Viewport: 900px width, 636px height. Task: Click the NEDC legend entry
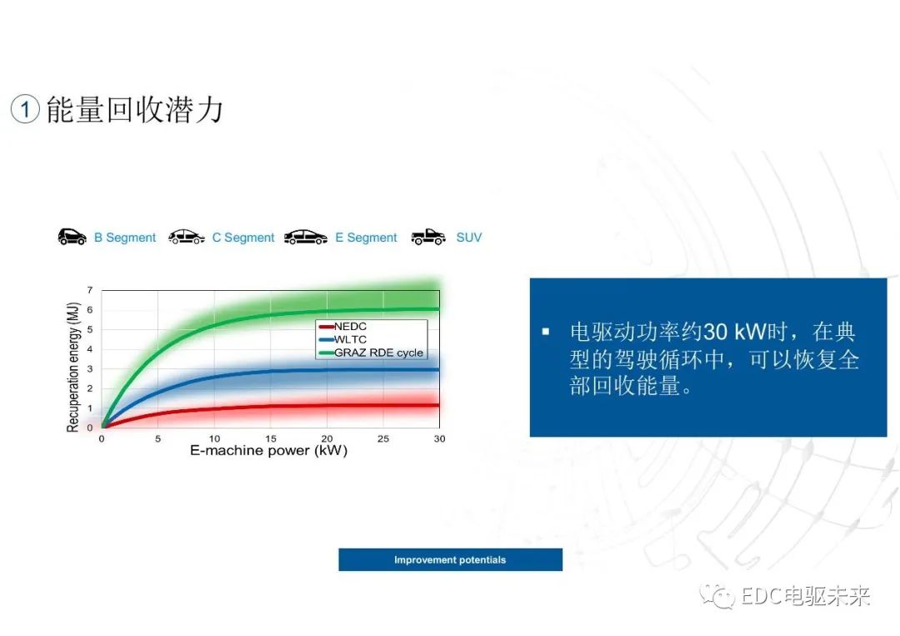coord(342,326)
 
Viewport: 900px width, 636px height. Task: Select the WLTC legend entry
coord(342,339)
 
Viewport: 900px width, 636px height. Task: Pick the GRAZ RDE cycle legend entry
coord(371,353)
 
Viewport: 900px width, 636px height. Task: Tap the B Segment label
coord(124,237)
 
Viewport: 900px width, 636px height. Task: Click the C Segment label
coord(243,237)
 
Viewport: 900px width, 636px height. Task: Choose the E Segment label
coord(366,237)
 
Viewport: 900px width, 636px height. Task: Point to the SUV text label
coord(469,237)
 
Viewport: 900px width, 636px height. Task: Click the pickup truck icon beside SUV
coord(428,237)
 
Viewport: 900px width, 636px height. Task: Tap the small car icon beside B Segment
coord(72,237)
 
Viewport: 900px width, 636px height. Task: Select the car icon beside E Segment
coord(306,237)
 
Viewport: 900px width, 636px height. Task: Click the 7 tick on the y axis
coord(89,290)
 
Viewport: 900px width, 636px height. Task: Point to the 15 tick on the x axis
coord(271,438)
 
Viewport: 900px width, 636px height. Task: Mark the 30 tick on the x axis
coord(440,438)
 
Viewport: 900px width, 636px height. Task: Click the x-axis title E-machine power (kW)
coord(268,451)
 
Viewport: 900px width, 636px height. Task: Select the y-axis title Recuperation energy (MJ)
coord(72,367)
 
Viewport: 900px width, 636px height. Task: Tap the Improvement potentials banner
coord(451,559)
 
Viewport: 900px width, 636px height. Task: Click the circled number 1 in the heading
coord(25,108)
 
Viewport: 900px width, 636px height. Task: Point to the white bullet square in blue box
coord(545,331)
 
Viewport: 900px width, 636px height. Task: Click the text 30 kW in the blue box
coord(735,332)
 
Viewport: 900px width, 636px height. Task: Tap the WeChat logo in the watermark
coord(717,597)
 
